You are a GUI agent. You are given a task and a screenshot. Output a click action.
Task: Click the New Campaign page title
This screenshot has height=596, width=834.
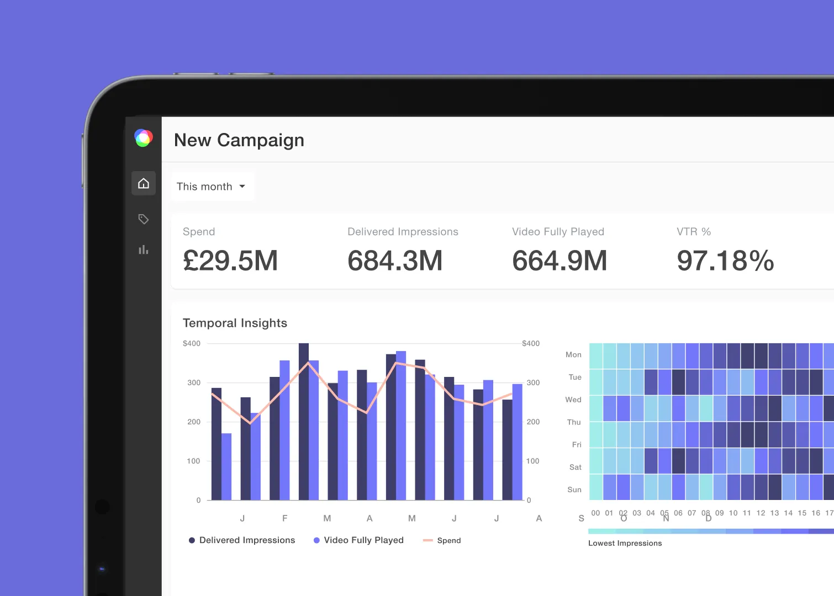click(x=239, y=140)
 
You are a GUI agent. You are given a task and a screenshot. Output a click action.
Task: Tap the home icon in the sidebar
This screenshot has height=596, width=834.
click(x=144, y=183)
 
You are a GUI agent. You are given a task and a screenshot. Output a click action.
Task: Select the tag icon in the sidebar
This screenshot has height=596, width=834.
click(x=144, y=219)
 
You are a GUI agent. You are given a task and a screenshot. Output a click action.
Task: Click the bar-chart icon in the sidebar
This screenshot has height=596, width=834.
click(x=144, y=250)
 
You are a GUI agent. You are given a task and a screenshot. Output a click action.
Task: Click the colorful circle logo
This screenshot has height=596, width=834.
click(x=144, y=138)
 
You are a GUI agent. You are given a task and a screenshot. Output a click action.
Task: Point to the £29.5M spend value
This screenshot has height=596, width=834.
click(x=230, y=260)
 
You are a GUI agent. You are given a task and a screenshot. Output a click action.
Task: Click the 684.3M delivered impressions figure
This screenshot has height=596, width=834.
click(x=395, y=260)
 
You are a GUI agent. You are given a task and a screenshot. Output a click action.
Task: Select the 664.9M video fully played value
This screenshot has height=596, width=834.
click(x=559, y=260)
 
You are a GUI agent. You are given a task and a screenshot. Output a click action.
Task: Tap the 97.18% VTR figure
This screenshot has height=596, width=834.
click(x=725, y=260)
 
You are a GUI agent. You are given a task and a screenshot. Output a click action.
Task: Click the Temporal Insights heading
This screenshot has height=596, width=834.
click(x=235, y=323)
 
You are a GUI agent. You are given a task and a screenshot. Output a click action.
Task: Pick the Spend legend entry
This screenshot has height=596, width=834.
click(x=442, y=540)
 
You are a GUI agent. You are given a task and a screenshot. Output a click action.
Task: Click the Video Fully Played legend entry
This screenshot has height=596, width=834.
click(x=358, y=540)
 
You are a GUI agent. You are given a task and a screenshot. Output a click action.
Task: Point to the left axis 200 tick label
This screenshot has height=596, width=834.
click(x=194, y=422)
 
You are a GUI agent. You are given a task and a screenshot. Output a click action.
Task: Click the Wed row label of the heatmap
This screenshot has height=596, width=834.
click(x=573, y=400)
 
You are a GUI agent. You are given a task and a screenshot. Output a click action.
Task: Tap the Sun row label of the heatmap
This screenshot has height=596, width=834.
click(x=574, y=489)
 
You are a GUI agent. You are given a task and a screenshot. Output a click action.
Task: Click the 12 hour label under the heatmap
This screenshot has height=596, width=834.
click(x=761, y=513)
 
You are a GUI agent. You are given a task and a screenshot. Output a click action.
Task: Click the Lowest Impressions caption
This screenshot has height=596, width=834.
click(x=625, y=543)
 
